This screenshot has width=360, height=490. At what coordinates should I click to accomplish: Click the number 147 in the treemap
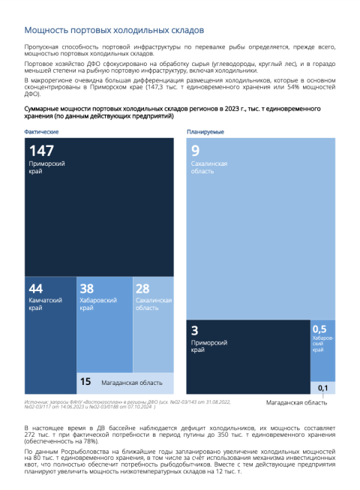click(41, 151)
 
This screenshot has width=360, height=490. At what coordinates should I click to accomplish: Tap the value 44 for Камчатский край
click(35, 288)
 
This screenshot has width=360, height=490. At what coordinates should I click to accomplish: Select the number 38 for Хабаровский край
click(87, 288)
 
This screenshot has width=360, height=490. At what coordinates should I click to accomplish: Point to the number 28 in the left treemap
click(142, 288)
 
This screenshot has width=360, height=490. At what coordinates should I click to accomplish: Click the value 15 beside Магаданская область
click(85, 381)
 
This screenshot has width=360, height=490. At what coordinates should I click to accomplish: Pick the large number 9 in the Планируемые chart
click(196, 151)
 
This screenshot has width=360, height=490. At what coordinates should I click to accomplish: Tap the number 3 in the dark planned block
click(194, 330)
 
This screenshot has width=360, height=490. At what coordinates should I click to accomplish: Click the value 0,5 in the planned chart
click(319, 329)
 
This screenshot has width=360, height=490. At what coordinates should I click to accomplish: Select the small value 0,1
click(322, 388)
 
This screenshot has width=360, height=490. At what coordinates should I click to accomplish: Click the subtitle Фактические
click(41, 132)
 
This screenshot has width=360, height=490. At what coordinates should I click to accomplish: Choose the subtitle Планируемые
click(205, 132)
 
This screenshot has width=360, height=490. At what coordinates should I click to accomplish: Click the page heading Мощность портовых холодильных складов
click(114, 30)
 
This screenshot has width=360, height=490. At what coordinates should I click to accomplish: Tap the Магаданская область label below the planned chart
click(296, 402)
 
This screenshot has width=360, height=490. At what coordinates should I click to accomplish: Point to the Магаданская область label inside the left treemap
click(132, 383)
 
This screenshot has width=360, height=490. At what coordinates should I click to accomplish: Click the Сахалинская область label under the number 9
click(209, 167)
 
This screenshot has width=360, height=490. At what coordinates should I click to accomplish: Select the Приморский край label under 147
click(46, 167)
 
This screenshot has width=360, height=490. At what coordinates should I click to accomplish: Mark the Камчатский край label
click(45, 304)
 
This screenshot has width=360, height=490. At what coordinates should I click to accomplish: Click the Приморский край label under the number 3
click(209, 346)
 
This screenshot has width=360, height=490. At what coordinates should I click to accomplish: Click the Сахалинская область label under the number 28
click(154, 304)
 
